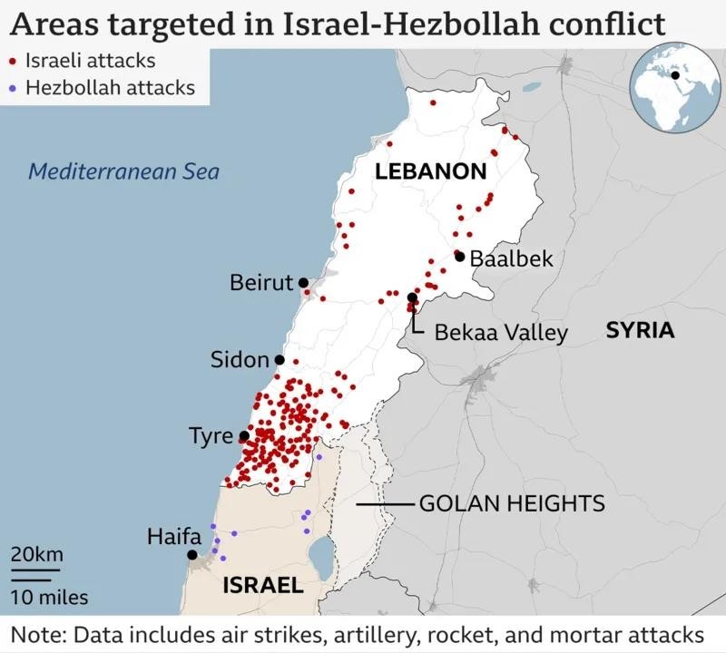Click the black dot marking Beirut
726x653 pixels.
click(x=303, y=283)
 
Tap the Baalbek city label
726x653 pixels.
click(x=511, y=259)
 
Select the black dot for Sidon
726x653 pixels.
click(x=280, y=360)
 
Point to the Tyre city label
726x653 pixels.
click(x=211, y=436)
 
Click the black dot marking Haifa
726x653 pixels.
click(x=192, y=555)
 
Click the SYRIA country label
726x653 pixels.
click(x=641, y=330)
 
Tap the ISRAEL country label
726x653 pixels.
click(x=263, y=586)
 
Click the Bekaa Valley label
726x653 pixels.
click(x=501, y=333)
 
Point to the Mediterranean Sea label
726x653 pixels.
click(x=123, y=171)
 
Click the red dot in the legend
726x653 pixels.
click(x=12, y=63)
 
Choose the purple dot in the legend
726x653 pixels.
click(x=12, y=89)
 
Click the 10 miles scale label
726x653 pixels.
click(x=50, y=597)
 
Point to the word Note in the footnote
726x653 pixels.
click(x=34, y=633)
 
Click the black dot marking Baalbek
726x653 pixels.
click(x=460, y=257)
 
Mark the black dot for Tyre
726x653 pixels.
click(x=243, y=436)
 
